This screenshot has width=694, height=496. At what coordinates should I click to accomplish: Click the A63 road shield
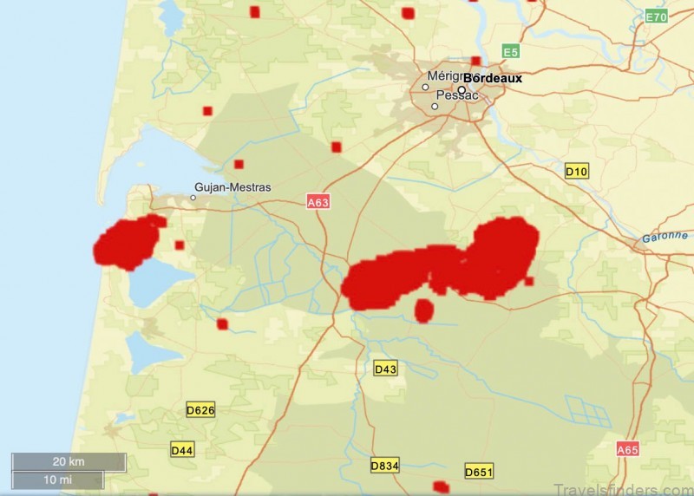318,202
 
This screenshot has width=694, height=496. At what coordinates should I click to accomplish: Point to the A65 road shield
627,449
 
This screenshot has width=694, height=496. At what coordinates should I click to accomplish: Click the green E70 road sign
657,16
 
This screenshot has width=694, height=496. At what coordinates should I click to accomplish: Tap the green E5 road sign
510,52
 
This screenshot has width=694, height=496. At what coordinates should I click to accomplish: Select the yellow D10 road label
577,172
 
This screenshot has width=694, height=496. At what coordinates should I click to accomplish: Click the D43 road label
385,369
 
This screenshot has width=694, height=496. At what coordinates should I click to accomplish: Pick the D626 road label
200,409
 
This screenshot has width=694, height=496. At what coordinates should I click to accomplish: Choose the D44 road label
182,450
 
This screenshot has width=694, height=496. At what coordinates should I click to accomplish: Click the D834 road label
384,466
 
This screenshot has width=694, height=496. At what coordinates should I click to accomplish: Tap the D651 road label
479,472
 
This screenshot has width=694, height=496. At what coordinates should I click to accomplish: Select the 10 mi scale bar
58,480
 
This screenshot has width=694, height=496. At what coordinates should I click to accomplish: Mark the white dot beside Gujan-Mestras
193,198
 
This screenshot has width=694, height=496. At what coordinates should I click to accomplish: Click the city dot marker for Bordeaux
462,89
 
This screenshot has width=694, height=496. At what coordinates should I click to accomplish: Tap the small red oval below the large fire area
423,310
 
